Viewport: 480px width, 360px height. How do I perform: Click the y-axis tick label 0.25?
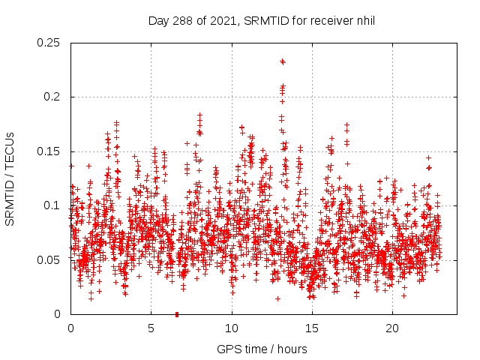[x=49, y=43]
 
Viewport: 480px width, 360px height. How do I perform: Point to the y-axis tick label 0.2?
[x=52, y=97]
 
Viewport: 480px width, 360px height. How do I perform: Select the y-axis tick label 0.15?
[x=49, y=151]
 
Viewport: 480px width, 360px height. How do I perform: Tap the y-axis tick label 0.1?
[x=52, y=205]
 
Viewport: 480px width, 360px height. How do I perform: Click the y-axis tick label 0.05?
[x=49, y=259]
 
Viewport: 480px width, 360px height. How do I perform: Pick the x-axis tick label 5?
[x=151, y=328]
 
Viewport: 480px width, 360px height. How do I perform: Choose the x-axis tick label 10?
[x=232, y=328]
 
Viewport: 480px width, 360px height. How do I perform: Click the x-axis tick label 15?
[x=312, y=328]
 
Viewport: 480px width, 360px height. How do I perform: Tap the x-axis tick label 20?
[x=392, y=328]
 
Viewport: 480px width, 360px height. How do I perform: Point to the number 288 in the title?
[x=182, y=20]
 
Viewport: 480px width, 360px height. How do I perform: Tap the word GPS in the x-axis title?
[x=228, y=349]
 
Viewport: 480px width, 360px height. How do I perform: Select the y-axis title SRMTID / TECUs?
[x=10, y=178]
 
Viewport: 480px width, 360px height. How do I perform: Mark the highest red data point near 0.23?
[x=283, y=61]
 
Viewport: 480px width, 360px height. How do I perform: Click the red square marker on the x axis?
[x=177, y=313]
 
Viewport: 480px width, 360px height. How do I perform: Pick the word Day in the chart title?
[x=158, y=20]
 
